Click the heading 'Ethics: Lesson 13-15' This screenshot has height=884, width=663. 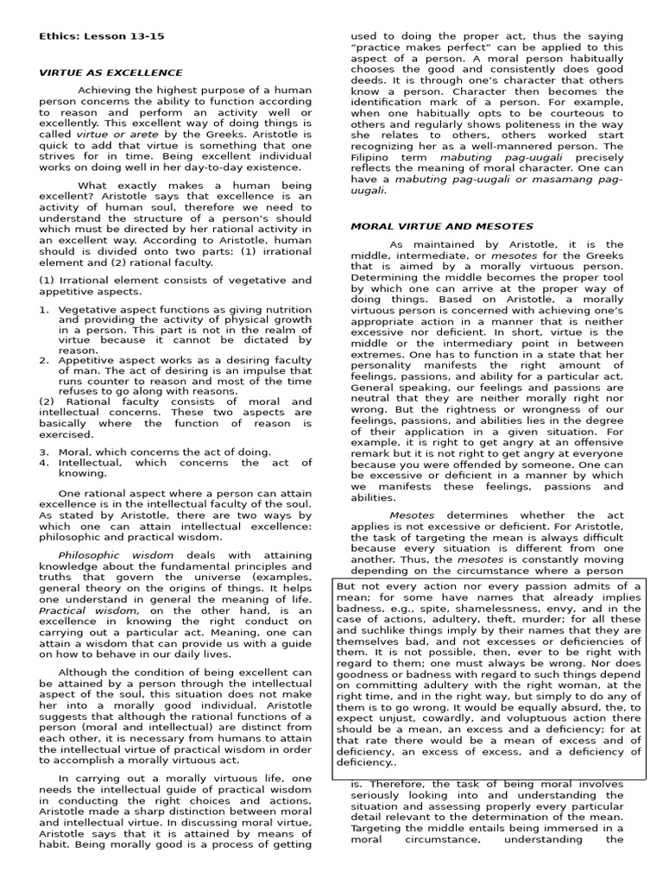click(101, 36)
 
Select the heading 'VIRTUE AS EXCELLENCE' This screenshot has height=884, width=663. click(110, 73)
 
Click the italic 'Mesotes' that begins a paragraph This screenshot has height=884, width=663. click(412, 515)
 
